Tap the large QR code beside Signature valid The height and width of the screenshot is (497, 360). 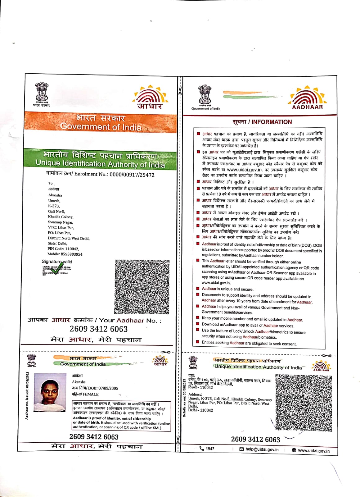[142, 287]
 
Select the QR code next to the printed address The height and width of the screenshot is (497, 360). [304, 403]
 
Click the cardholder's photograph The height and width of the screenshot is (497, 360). [50, 392]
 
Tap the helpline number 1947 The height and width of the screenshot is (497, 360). [210, 449]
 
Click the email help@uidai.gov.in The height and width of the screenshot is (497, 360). [262, 449]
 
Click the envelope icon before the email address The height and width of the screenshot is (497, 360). [242, 449]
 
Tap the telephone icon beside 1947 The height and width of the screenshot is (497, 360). [202, 449]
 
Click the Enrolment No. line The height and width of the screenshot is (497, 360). [100, 174]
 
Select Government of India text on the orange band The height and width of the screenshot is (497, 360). [101, 127]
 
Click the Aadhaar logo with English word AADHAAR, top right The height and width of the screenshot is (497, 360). [307, 98]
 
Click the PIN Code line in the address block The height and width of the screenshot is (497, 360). [63, 249]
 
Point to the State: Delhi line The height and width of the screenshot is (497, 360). [57, 244]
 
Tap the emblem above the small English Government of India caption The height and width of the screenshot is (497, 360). [205, 95]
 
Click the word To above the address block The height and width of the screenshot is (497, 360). [50, 183]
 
